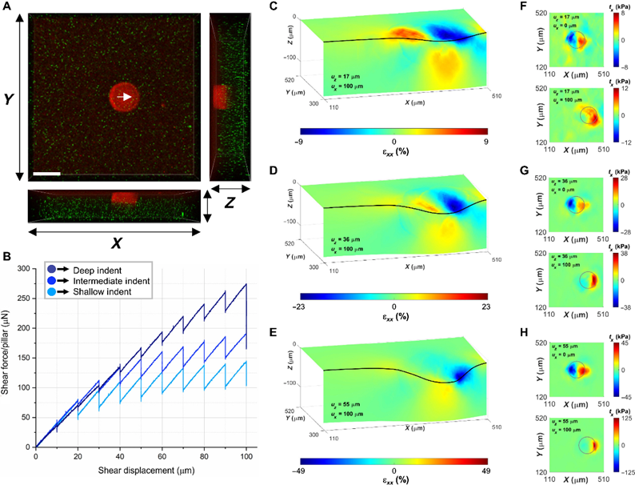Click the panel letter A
(7, 8)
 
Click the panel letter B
(7, 257)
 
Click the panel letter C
(274, 8)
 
